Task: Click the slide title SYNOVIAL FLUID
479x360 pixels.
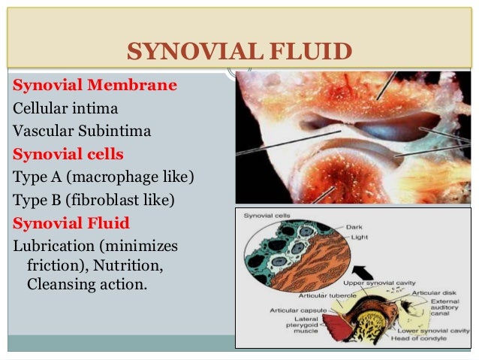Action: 239,52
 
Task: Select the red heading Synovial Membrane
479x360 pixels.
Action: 95,85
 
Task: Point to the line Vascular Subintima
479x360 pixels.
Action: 82,132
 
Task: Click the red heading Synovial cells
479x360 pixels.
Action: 68,154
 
